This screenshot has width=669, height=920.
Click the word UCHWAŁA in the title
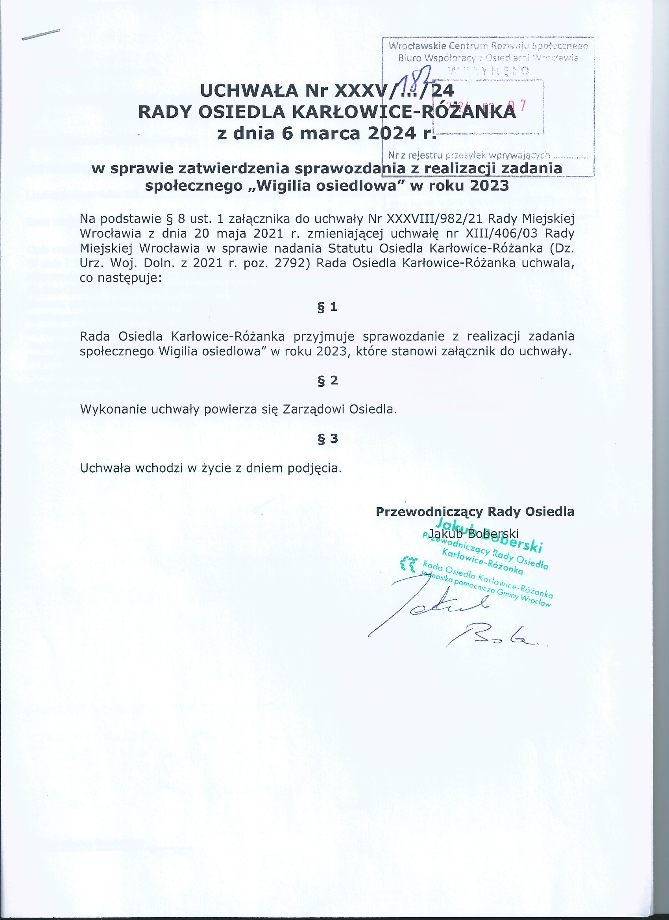coord(249,91)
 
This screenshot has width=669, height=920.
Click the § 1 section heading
coord(327,307)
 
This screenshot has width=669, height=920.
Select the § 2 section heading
coord(327,380)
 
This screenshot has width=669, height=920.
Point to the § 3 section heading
coord(327,438)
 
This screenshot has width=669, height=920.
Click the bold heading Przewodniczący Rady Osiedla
coord(475,512)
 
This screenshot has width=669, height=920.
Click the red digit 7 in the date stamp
coord(523,105)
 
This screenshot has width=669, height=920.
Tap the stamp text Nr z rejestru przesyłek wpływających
coord(469,155)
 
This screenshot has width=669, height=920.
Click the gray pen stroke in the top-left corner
coord(41,35)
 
